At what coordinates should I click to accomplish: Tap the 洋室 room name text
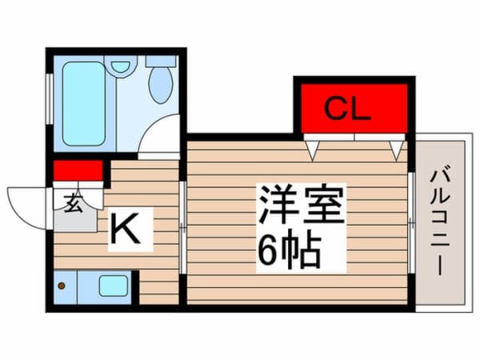point(300,206)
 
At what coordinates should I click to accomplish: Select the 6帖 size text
point(289,251)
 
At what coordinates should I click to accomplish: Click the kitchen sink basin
point(113,286)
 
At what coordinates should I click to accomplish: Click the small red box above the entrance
point(78,170)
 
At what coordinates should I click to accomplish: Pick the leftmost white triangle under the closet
point(314,147)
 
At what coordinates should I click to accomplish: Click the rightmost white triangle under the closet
point(396,147)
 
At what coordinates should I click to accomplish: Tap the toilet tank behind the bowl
point(161,61)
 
